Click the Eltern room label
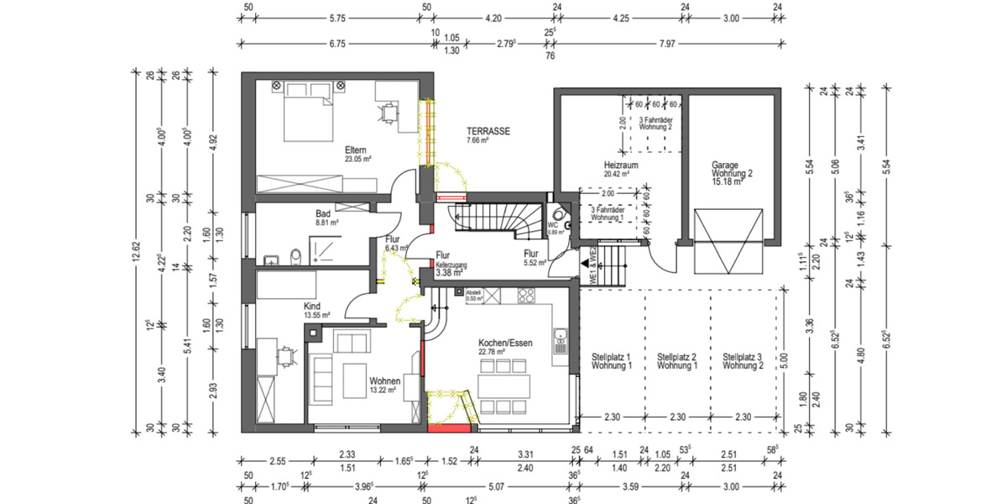pos(356,150)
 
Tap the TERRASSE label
pos(488,132)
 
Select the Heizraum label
pos(621,165)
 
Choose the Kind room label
pos(312,307)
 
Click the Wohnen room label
pos(384,381)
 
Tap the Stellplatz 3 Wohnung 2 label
pos(743,361)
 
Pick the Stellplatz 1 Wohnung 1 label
pos(611,361)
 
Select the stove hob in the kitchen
pos(527,295)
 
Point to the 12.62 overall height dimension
pos(134,252)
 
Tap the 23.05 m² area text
pos(357,159)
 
